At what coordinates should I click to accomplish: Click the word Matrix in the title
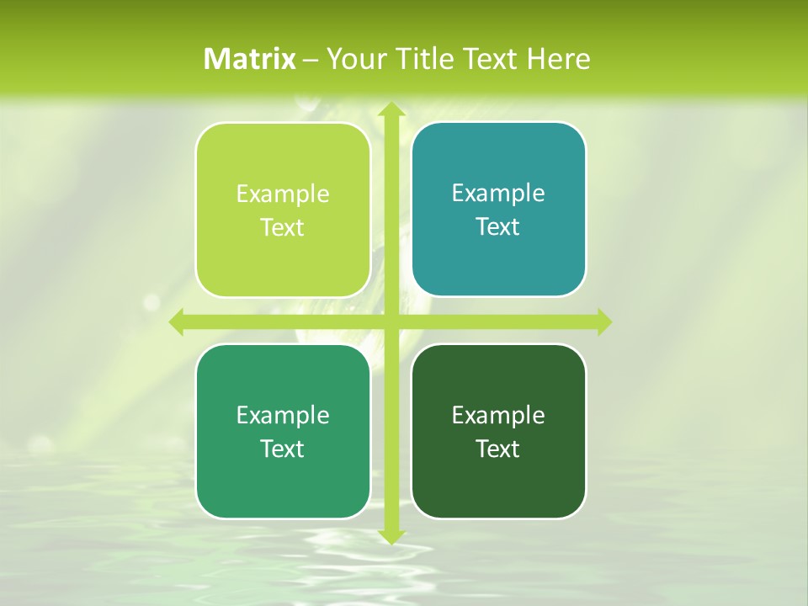coord(250,59)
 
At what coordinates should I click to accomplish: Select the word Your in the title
coord(351,59)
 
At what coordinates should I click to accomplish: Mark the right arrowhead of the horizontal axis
coord(603,322)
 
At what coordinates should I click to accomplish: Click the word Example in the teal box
coord(498,194)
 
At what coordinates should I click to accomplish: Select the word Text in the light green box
coord(282,228)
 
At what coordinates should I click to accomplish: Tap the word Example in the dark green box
coord(498,415)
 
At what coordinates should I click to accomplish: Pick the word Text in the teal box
coord(497,227)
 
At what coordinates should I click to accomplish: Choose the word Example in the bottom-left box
coord(283,415)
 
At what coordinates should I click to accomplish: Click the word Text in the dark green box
coord(497,449)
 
